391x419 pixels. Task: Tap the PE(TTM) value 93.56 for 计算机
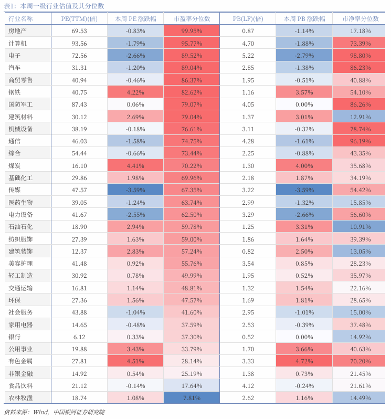(79, 43)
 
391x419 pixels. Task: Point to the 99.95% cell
(192, 31)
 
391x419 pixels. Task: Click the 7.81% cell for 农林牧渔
(192, 398)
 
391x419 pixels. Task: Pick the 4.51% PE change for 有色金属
(135, 361)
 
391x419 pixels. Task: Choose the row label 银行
(15, 337)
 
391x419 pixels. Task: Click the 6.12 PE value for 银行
(79, 337)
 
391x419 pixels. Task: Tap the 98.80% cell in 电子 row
(361, 55)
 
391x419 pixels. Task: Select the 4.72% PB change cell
(304, 361)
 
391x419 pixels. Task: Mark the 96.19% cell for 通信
(361, 141)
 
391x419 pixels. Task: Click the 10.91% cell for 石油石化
(361, 227)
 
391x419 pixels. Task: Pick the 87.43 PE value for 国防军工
(79, 104)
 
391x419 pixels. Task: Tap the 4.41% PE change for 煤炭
(135, 165)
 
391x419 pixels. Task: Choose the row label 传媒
(15, 190)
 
